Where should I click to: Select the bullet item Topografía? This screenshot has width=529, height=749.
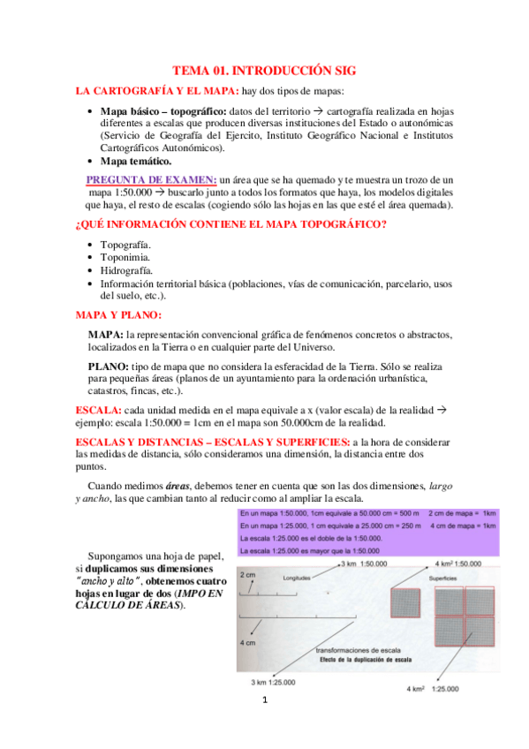[x=125, y=244]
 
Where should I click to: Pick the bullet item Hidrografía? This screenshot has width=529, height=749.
[x=128, y=270]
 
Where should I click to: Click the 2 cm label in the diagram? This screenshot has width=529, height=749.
[x=248, y=574]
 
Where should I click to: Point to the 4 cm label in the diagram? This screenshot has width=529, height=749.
[x=248, y=644]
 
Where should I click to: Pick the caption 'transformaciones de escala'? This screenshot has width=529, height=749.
[x=355, y=651]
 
